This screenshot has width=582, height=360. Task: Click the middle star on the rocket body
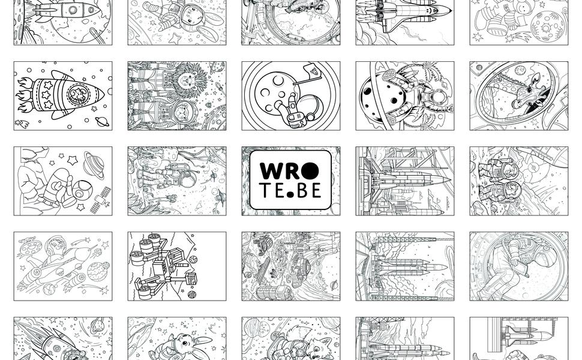tap(46, 94)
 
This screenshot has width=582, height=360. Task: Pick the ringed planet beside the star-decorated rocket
tap(101, 121)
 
